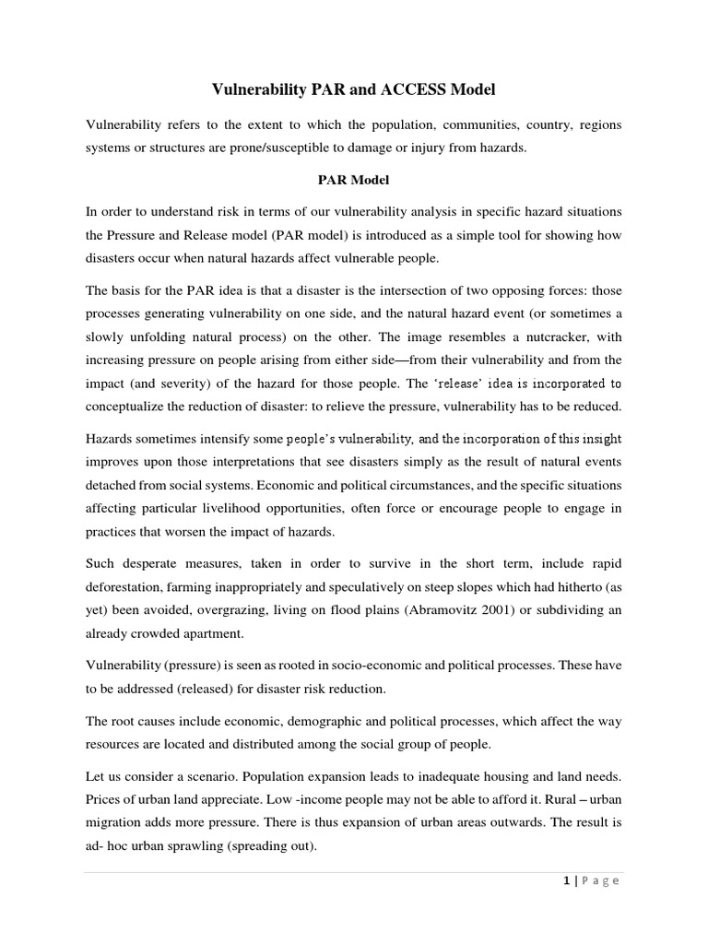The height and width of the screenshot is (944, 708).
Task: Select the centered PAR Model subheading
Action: coord(354,180)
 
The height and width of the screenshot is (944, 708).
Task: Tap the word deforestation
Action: coord(132,587)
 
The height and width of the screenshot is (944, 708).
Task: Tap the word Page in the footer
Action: coord(599,881)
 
